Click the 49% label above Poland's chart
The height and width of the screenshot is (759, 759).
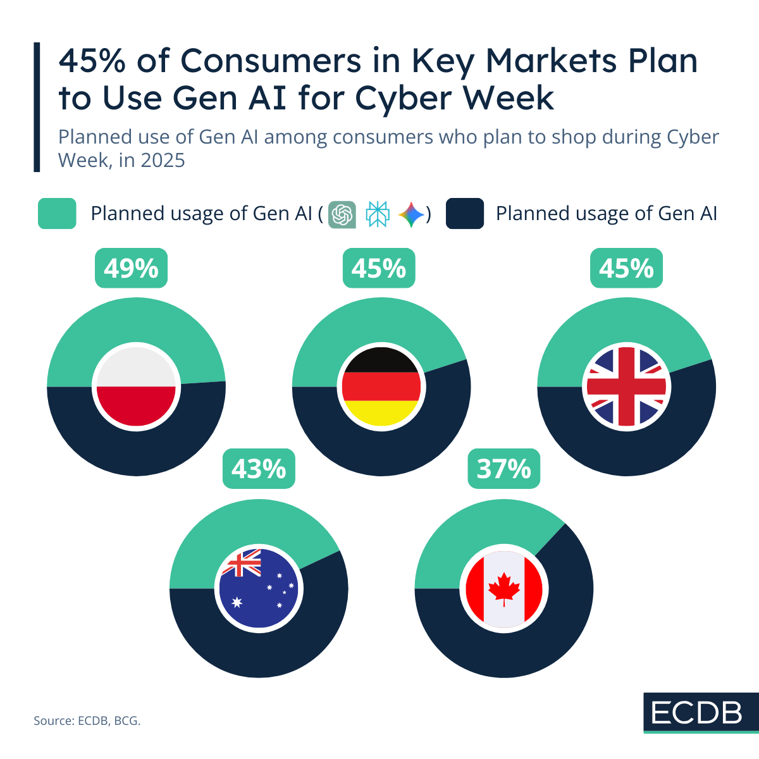pyautogui.click(x=131, y=269)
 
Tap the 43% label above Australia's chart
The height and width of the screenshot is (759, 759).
pyautogui.click(x=259, y=469)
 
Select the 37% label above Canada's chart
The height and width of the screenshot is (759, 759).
pyautogui.click(x=503, y=469)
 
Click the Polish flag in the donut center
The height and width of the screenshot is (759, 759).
pyautogui.click(x=136, y=386)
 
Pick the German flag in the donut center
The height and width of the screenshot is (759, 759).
pyautogui.click(x=381, y=386)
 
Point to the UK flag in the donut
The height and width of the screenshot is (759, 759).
pyautogui.click(x=626, y=386)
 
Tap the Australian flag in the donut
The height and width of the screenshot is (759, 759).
pyautogui.click(x=259, y=589)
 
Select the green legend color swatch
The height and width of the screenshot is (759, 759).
pyautogui.click(x=57, y=214)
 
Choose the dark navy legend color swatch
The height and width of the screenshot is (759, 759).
pyautogui.click(x=465, y=214)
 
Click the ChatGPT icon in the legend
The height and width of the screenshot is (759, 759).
pyautogui.click(x=342, y=214)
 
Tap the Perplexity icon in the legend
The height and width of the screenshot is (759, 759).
pyautogui.click(x=378, y=214)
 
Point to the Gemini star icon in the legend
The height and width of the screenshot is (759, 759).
pyautogui.click(x=412, y=214)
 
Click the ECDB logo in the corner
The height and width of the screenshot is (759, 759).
pyautogui.click(x=696, y=713)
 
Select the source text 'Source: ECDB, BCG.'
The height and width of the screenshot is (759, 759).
pyautogui.click(x=87, y=720)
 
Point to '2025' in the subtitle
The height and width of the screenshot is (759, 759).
pyautogui.click(x=163, y=161)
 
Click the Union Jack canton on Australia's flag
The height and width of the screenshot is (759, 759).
pyautogui.click(x=242, y=564)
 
